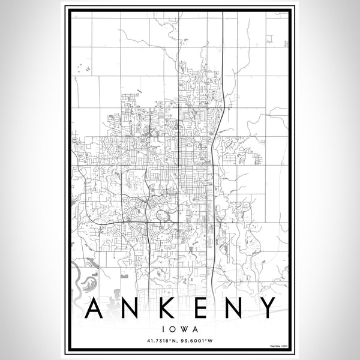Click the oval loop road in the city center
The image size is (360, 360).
161,215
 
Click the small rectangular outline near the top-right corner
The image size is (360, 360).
269,39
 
